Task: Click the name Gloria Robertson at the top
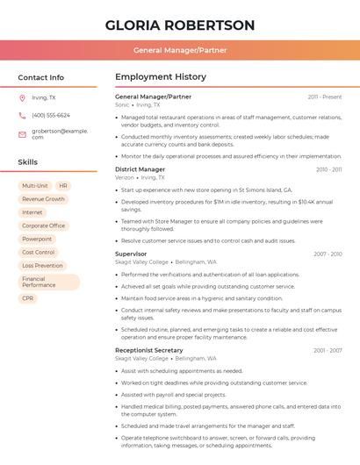pos(180,25)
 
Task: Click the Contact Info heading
pos(40,77)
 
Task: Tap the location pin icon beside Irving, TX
pos(22,97)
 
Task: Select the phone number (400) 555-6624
pos(51,115)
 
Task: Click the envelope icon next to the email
pos(22,134)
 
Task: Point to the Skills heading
pos(28,162)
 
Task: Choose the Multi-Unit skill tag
pos(35,186)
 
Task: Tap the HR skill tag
pos(63,186)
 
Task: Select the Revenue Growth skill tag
pos(43,199)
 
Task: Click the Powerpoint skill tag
pos(37,239)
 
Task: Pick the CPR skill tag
pos(28,298)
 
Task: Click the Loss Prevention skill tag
pos(42,265)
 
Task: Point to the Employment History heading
pos(161,77)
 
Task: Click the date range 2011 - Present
pos(325,97)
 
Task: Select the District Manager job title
pos(140,169)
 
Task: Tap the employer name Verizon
pos(125,177)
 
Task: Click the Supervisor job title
pos(131,254)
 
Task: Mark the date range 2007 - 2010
pos(328,254)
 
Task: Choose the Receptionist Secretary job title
pos(148,350)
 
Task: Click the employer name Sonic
pos(122,104)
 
